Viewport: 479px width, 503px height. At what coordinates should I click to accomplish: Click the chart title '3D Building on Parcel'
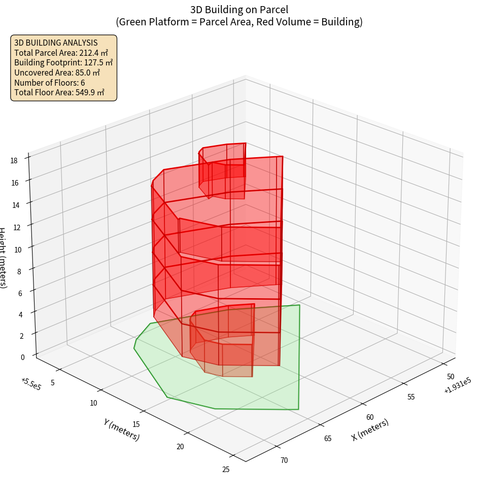(239, 10)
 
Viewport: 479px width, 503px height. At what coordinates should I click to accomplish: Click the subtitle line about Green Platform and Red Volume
(239, 22)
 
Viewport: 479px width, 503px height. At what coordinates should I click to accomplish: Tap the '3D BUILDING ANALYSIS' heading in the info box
(56, 43)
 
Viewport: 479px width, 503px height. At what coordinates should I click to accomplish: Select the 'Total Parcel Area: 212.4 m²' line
(61, 53)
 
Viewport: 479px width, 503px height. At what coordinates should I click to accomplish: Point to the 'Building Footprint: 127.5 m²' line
(63, 63)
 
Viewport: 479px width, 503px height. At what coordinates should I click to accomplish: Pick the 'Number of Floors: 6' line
(50, 83)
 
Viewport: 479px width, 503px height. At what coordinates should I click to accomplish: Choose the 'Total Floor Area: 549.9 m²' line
(59, 93)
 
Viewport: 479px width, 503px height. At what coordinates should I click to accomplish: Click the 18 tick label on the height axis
(14, 161)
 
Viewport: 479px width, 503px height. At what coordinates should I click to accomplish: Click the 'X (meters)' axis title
(370, 429)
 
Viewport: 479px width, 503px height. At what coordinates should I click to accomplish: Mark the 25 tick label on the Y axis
(226, 470)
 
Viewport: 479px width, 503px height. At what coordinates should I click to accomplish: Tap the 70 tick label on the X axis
(284, 460)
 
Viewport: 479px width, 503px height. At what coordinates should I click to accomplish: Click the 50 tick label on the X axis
(450, 377)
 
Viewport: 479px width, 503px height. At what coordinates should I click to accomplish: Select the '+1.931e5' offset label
(457, 387)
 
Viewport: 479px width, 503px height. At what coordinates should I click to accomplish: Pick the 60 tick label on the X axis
(370, 417)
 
